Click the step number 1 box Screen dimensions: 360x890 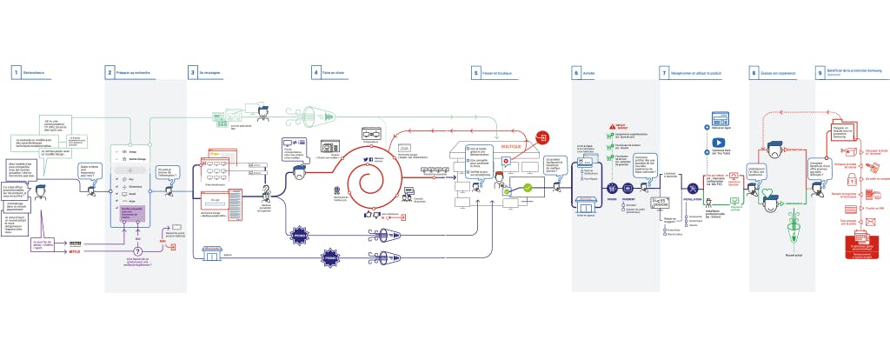16,73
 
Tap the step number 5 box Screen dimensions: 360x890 476,73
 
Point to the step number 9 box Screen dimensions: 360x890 820,73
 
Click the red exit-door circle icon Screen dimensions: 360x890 543,137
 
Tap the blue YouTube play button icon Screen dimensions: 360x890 719,143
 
